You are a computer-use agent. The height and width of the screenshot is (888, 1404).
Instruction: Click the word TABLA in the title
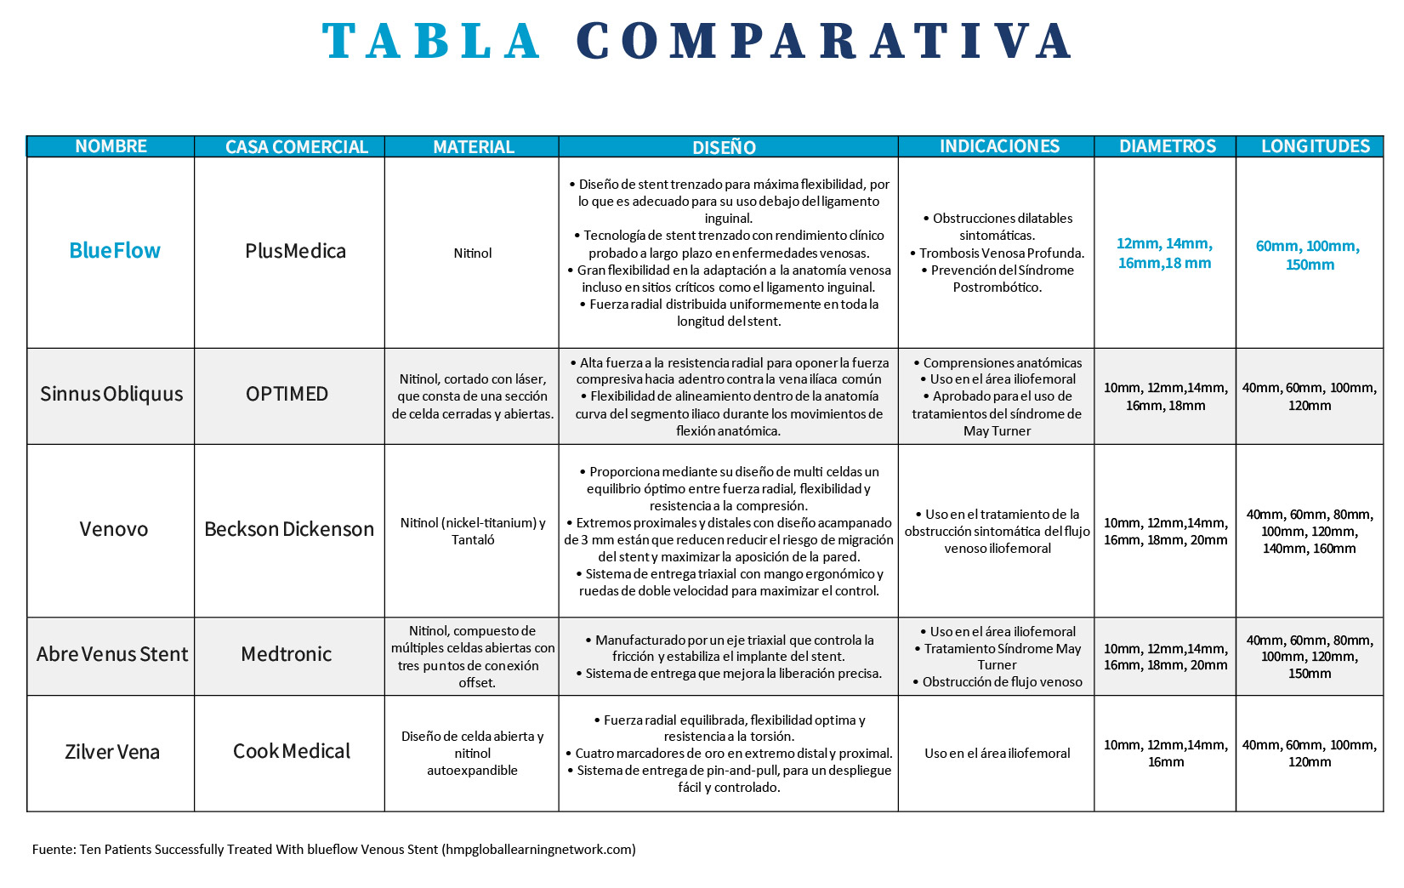coord(432,41)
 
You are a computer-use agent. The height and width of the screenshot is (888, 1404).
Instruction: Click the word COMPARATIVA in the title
coord(824,41)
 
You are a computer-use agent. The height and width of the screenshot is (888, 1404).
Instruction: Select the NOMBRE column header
coord(111,146)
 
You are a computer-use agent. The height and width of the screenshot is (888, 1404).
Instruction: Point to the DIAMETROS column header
coord(1168,146)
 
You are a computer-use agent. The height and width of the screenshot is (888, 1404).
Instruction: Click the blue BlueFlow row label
coord(115,251)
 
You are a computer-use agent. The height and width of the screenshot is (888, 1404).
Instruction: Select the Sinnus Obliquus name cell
coord(111,394)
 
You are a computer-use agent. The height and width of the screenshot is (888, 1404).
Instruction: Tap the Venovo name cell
coord(114,529)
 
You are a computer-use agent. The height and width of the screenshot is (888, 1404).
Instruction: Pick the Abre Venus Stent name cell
coord(112,654)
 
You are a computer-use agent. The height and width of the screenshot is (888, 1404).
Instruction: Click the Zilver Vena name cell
coord(112,752)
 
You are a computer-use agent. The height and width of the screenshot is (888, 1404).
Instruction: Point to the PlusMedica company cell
coord(295,251)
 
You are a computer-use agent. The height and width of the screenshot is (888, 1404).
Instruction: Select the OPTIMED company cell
coord(287,394)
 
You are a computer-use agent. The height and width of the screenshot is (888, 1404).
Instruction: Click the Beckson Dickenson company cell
coord(289,529)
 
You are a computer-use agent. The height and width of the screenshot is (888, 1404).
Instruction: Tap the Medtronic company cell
coord(287,654)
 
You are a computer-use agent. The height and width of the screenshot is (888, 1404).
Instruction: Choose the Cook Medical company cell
coord(292,751)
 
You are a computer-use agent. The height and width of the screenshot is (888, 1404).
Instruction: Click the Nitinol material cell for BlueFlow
coord(473,253)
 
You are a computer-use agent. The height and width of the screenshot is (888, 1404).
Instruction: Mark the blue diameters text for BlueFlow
coord(1164,253)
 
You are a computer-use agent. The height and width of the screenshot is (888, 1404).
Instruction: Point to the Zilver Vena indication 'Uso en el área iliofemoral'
coord(997,753)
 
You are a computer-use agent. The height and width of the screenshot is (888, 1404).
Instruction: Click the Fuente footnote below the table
coord(333,849)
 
